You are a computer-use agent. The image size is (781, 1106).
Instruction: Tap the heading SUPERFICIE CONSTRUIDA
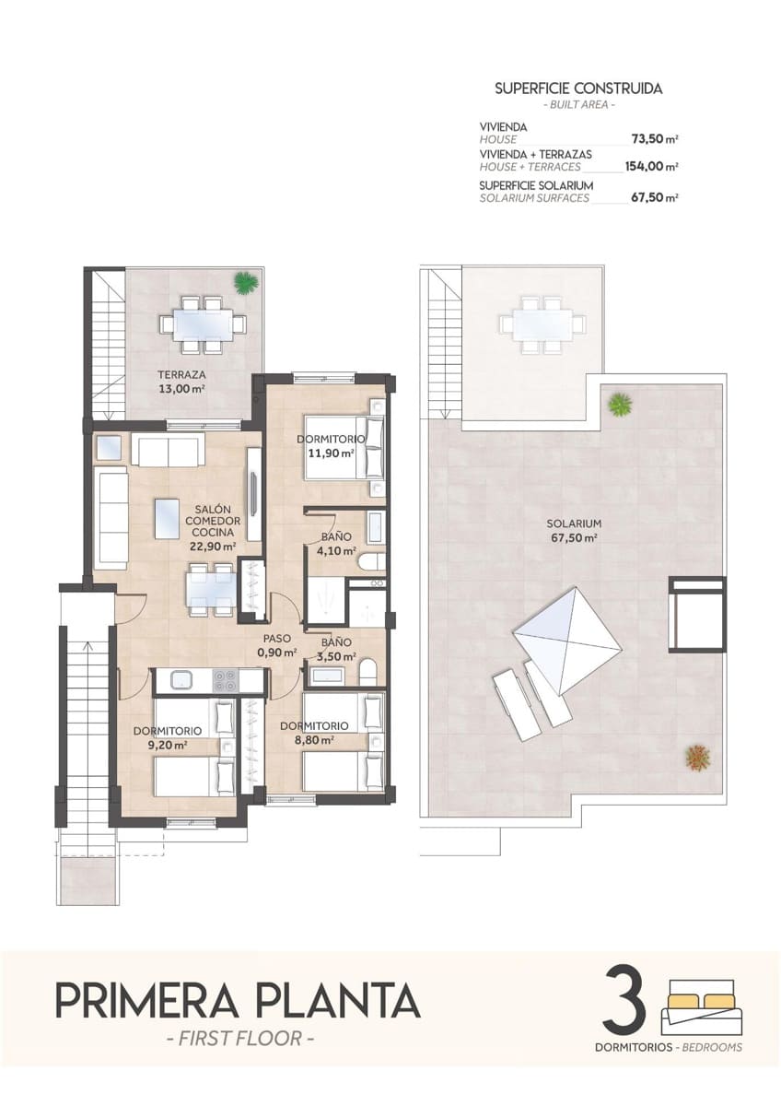(x=578, y=89)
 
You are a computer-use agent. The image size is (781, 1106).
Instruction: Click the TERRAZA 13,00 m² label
(x=181, y=382)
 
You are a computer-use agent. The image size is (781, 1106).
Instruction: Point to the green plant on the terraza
(x=245, y=283)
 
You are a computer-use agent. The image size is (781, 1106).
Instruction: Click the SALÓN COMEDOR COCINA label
(x=213, y=526)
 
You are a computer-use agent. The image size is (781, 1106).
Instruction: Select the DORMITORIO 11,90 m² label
(x=331, y=446)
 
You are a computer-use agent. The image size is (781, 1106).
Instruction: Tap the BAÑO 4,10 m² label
(x=333, y=544)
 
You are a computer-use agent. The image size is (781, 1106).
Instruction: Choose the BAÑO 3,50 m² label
(x=333, y=650)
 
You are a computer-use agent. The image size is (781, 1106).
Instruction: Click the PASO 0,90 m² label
(x=277, y=645)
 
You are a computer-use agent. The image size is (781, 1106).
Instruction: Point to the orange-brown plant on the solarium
(x=697, y=757)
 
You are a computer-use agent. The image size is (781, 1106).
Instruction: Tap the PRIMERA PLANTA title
(x=238, y=1001)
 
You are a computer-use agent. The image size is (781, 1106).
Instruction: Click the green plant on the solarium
(x=620, y=403)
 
